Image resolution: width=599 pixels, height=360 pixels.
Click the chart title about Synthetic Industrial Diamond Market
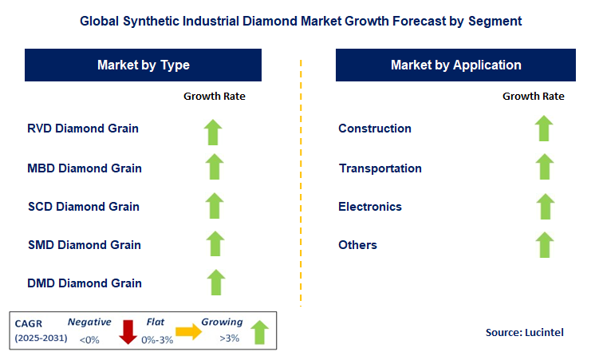[301, 22]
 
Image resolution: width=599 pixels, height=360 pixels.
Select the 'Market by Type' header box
[144, 65]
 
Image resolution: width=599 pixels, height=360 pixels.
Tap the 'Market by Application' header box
[455, 65]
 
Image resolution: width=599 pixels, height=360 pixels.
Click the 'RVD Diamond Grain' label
[83, 129]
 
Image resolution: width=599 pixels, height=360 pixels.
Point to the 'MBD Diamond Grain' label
[84, 168]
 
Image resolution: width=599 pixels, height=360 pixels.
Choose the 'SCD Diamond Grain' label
[83, 207]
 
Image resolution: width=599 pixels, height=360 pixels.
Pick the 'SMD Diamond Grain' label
[84, 245]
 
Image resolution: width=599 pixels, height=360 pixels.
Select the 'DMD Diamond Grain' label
[84, 283]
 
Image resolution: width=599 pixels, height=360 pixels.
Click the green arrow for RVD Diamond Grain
[213, 131]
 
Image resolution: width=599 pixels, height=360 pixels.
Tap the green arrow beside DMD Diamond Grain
[215, 283]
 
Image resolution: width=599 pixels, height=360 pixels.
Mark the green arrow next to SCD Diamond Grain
[213, 206]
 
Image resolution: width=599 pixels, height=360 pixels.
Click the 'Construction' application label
[375, 129]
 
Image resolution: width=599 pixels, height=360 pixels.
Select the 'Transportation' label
[380, 168]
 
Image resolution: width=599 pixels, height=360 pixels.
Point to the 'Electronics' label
[370, 207]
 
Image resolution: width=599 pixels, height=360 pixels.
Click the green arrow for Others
[544, 244]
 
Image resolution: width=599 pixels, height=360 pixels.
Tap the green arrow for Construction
[544, 129]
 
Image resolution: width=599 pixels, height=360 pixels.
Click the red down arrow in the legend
[128, 330]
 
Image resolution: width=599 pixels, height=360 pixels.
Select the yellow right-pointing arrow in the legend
[188, 331]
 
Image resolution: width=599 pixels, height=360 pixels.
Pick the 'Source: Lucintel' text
[524, 331]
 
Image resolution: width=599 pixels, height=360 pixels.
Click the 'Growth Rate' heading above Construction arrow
[533, 96]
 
